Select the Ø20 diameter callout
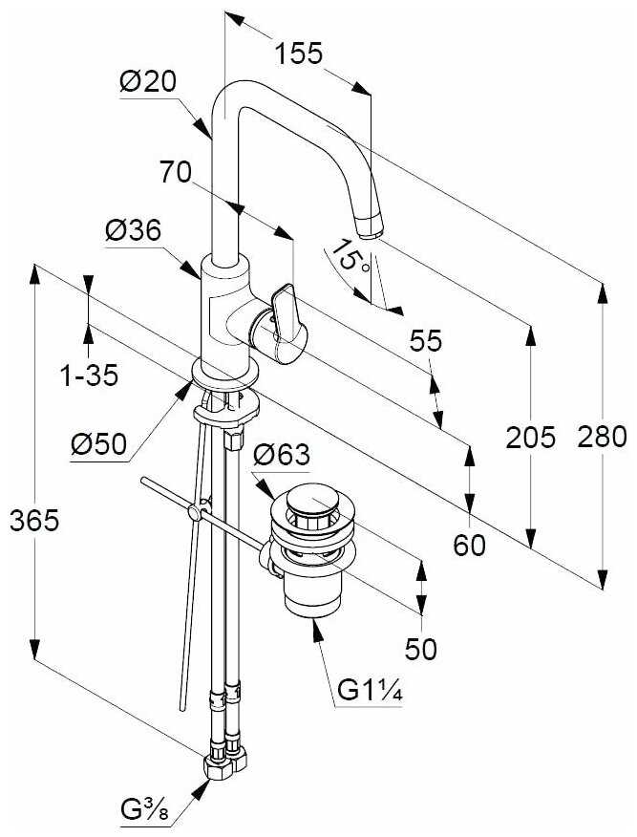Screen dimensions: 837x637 pyautogui.click(x=148, y=83)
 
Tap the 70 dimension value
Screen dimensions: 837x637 pyautogui.click(x=176, y=172)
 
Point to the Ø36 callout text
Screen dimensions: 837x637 pyautogui.click(x=133, y=230)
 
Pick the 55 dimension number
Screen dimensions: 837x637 pyautogui.click(x=426, y=340)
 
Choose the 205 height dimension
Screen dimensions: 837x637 pyautogui.click(x=531, y=438)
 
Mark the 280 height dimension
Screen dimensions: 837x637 pyautogui.click(x=604, y=438)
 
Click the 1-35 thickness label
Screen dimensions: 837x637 pyautogui.click(x=90, y=375)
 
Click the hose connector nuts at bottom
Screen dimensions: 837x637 pyautogui.click(x=225, y=761)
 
